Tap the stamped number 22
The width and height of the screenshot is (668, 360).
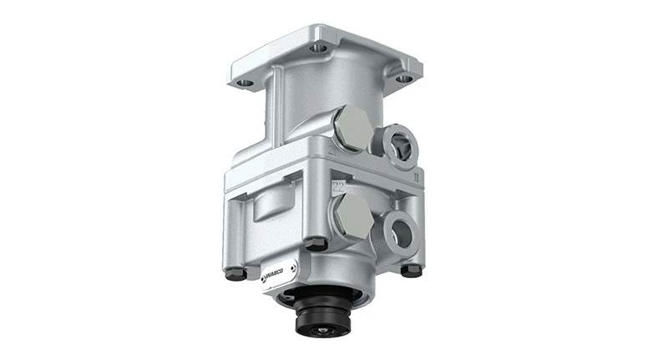(338, 185)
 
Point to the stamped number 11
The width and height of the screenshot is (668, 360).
(415, 178)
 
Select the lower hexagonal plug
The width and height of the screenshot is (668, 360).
(352, 215)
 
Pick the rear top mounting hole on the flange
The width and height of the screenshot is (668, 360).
(319, 48)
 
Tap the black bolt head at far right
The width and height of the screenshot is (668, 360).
(411, 271)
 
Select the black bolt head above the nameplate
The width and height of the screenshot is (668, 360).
(314, 244)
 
